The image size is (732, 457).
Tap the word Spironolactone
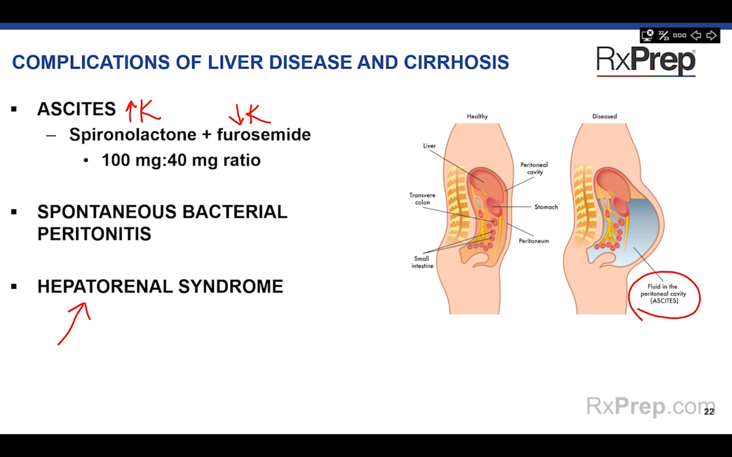[133, 134]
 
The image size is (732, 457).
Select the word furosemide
[264, 134]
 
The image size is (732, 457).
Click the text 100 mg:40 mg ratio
[181, 160]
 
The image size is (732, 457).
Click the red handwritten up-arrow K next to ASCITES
[143, 111]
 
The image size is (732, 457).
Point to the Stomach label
[546, 207]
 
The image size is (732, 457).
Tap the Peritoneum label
[534, 241]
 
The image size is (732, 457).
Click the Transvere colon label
[422, 199]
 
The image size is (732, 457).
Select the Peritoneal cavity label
[534, 168]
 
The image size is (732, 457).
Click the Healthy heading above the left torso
[477, 116]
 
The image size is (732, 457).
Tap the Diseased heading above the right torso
[604, 116]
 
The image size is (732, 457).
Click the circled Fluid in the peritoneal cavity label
[664, 293]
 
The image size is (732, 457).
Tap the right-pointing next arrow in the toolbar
[711, 36]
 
